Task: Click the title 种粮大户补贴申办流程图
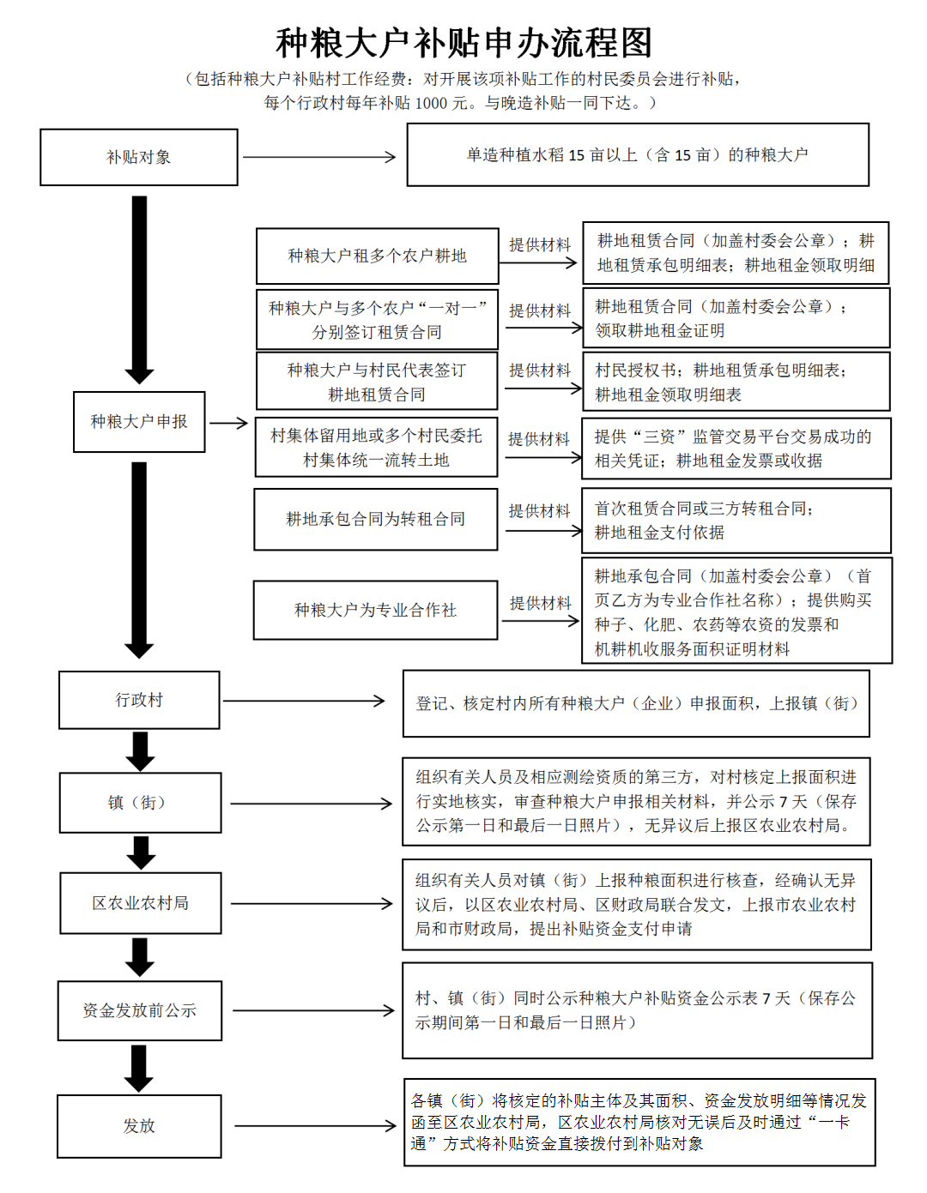click(463, 43)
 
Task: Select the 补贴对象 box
click(139, 157)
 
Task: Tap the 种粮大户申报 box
click(139, 422)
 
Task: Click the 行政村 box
click(139, 700)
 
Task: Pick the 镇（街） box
click(140, 803)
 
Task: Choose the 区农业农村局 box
click(141, 903)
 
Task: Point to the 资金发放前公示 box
click(140, 1010)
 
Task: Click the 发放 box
click(139, 1126)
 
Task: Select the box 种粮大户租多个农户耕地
click(378, 256)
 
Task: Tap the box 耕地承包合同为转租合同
click(376, 519)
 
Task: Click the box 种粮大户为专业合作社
click(376, 610)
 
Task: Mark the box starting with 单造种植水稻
click(638, 155)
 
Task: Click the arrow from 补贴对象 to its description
click(319, 157)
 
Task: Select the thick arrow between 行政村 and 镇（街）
click(140, 751)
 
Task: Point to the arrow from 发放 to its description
click(314, 1126)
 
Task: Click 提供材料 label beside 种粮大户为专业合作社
click(540, 603)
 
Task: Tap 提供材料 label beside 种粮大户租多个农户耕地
click(540, 244)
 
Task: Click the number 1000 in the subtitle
click(433, 103)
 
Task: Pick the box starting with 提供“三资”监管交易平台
click(736, 449)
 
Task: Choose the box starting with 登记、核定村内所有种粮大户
click(636, 703)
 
